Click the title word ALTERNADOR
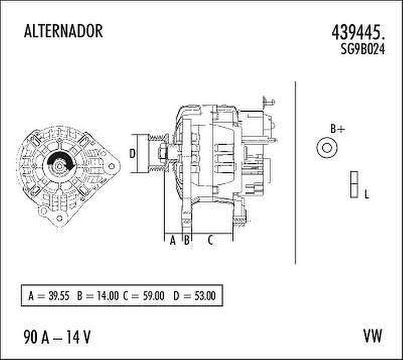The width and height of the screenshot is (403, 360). pos(63,31)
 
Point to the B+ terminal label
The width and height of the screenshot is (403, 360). pos(338,129)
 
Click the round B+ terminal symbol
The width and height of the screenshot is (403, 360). pos(327,147)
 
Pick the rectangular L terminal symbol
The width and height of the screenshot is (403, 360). pos(354,185)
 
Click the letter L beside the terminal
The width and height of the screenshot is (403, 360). pos(366,195)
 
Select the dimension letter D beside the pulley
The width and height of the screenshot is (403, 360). pos(132,154)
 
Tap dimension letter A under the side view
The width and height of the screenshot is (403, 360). pos(173,240)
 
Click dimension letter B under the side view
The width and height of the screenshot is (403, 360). pos(187,240)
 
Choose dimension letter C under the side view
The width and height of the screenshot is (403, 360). pos(210,240)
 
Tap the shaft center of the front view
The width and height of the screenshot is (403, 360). pos(59,165)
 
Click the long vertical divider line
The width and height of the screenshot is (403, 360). pos(296,173)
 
